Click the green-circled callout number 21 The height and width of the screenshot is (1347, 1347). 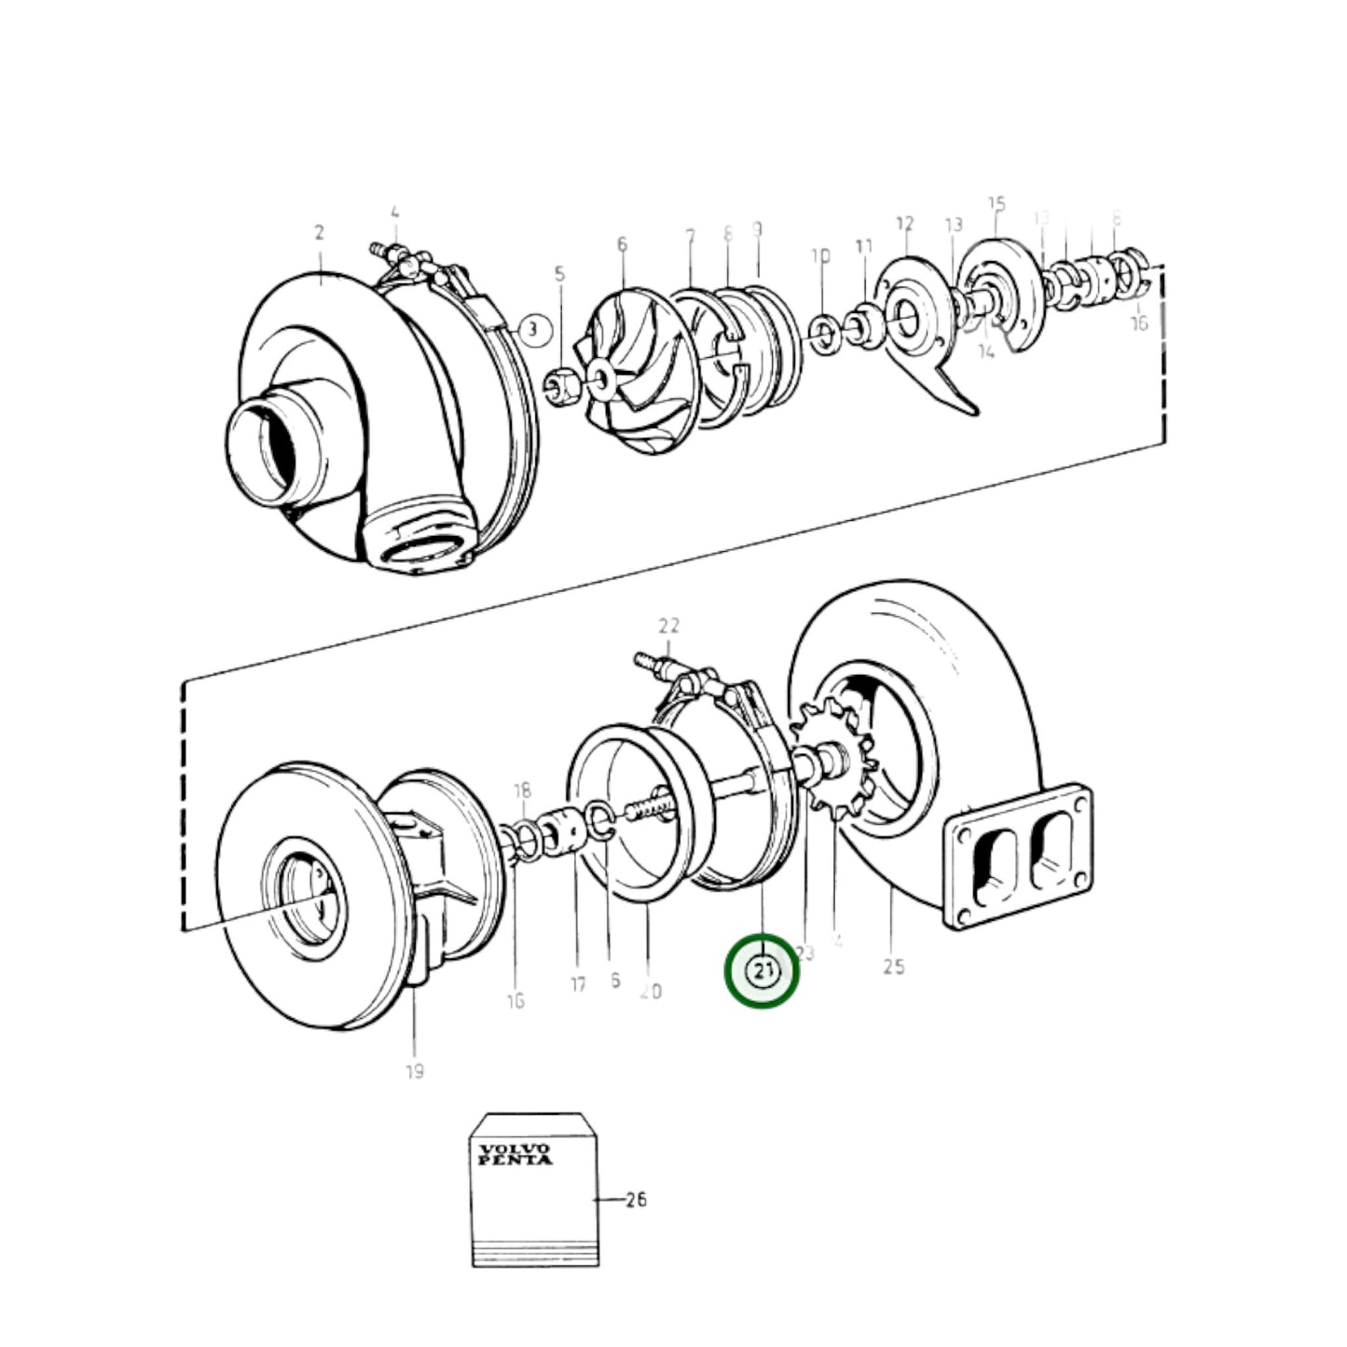point(763,970)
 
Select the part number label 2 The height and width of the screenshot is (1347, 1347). point(319,233)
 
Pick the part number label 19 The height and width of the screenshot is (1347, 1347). point(415,1071)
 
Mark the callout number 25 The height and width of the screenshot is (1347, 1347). point(893,967)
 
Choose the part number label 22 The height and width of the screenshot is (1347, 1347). point(668,625)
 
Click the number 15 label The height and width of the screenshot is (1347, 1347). point(997,203)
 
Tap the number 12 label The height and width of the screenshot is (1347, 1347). point(905,224)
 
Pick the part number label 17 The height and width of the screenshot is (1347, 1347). point(578,983)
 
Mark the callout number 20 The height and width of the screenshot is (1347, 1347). point(651,991)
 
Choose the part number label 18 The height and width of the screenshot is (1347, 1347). point(521,791)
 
